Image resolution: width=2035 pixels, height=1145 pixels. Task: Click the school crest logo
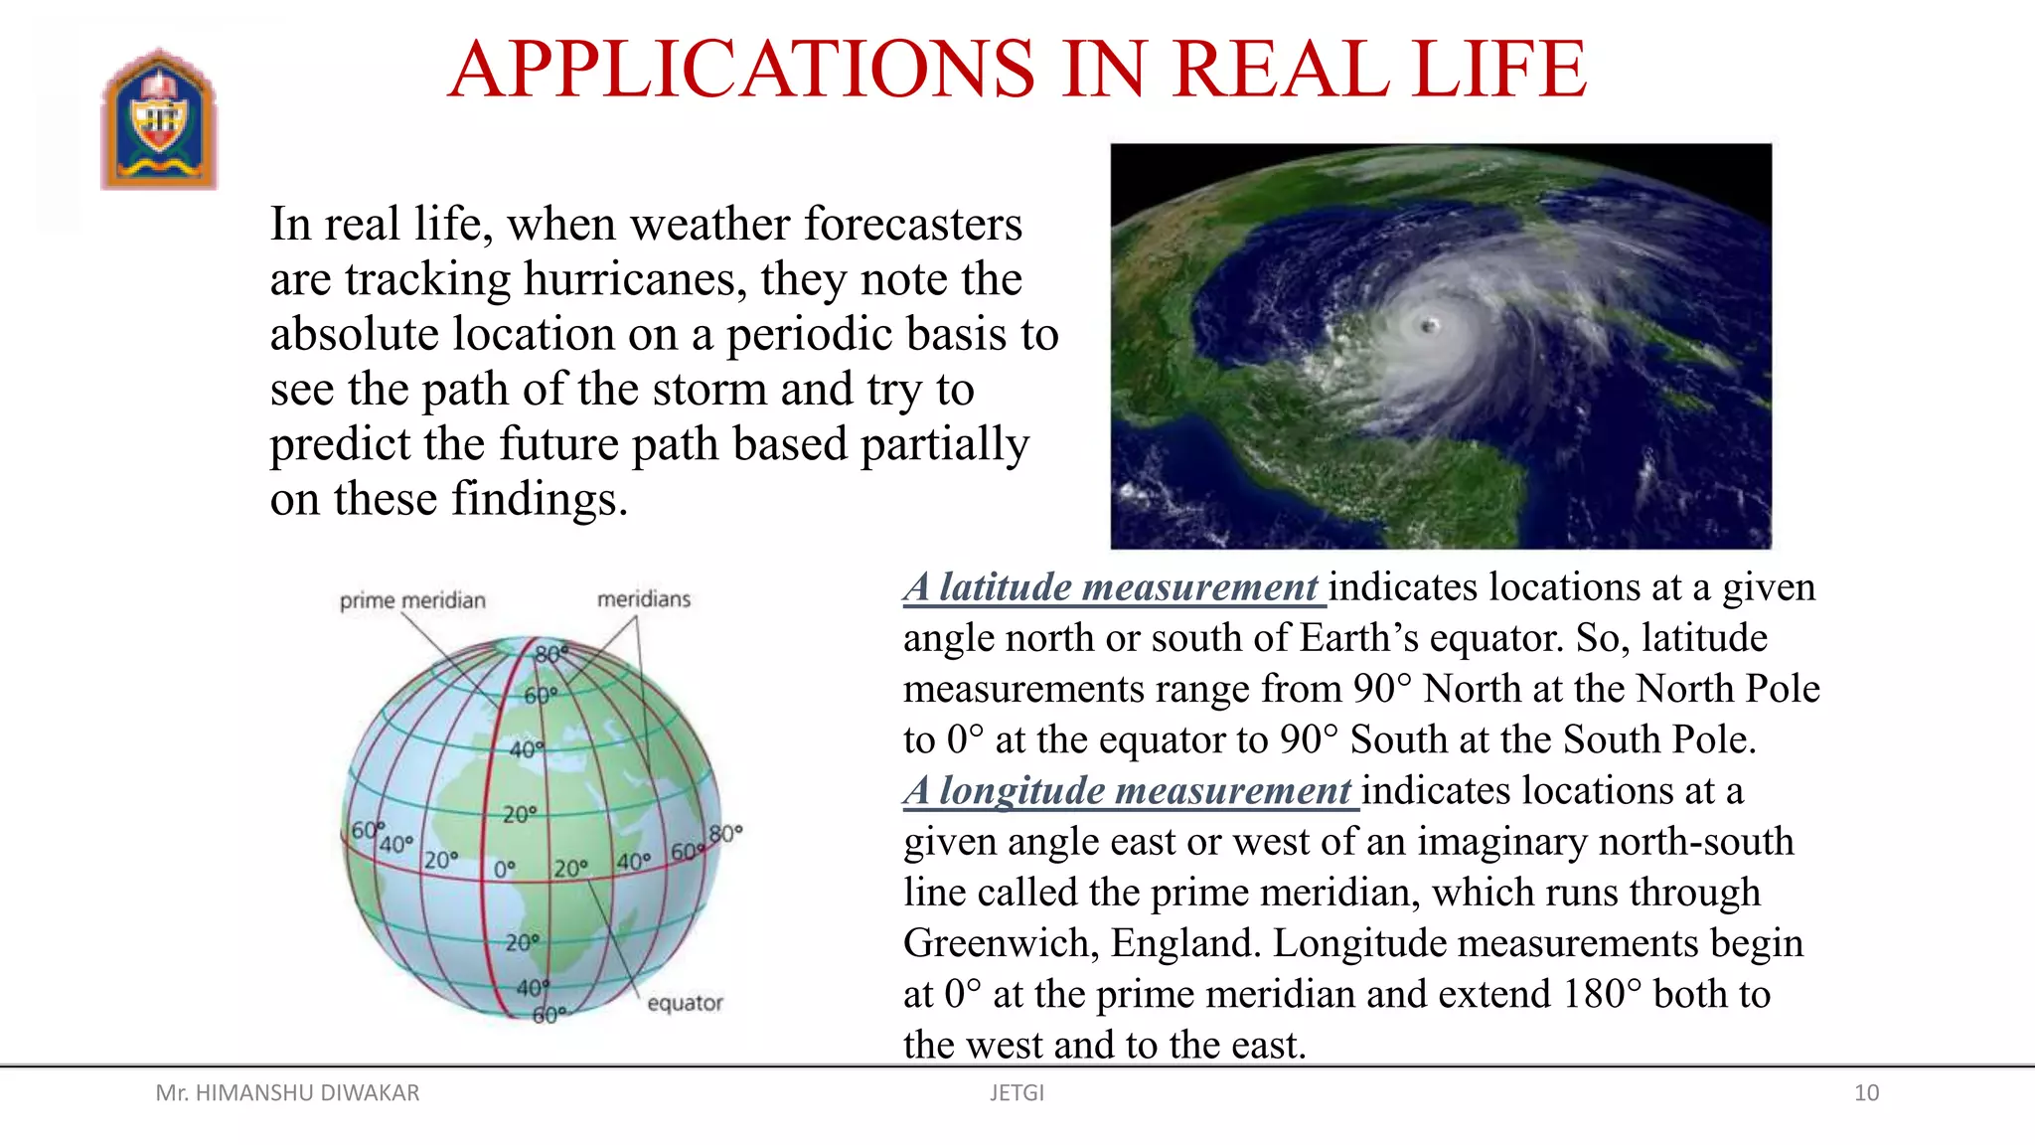click(159, 119)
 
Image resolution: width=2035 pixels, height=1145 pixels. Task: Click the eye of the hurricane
click(1430, 325)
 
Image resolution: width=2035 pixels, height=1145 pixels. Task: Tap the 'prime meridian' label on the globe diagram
click(412, 600)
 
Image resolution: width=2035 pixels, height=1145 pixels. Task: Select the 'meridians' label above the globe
click(643, 598)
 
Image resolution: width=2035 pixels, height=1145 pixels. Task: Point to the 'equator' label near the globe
click(685, 1003)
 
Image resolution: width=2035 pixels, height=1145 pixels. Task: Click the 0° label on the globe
click(505, 869)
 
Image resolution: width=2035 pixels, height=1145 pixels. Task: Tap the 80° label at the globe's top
click(550, 654)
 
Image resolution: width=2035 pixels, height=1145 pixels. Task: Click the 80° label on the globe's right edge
click(725, 833)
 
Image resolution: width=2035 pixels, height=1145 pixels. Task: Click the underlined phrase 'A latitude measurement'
click(1112, 587)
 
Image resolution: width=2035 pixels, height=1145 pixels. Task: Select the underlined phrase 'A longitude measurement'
click(1128, 791)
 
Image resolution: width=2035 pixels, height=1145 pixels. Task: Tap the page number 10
click(1866, 1093)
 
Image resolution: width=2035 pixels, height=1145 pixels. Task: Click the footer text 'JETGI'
click(1017, 1093)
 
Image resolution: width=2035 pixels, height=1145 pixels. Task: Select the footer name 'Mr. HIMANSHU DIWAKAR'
click(287, 1093)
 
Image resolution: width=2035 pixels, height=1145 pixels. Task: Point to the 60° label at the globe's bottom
click(548, 1015)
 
